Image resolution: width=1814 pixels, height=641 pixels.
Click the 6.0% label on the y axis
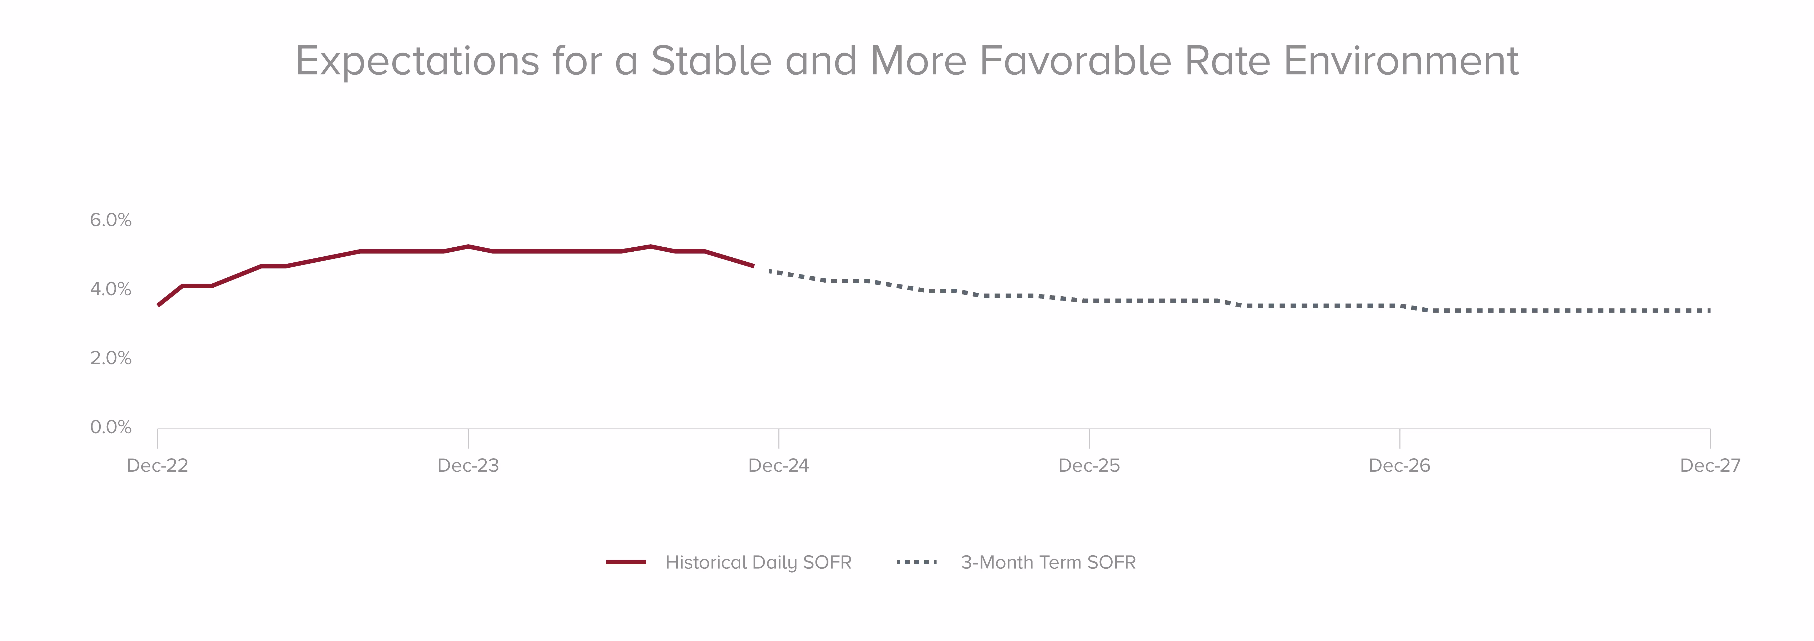(111, 221)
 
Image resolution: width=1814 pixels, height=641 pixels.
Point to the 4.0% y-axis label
(111, 289)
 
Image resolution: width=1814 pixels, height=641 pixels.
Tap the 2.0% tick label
(111, 359)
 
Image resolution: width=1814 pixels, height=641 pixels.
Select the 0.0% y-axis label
(111, 428)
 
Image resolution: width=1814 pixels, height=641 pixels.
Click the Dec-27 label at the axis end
(1710, 466)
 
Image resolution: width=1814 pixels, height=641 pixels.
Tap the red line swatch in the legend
(626, 562)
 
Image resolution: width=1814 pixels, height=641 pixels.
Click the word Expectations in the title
(417, 61)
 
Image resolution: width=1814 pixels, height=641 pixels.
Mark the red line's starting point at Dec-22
(159, 305)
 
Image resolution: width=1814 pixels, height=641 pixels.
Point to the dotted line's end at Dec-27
(1709, 311)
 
